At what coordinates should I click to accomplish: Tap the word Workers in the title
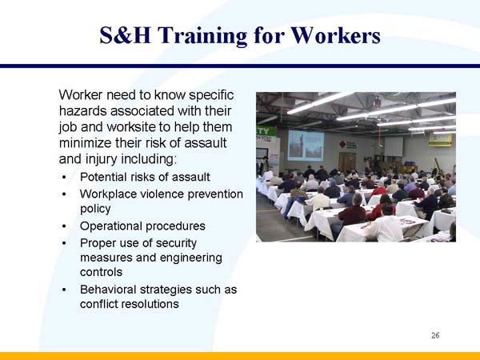(x=335, y=35)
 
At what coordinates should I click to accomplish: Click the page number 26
(x=435, y=334)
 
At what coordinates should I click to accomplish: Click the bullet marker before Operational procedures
(x=63, y=226)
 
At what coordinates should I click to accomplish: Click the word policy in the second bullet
(x=95, y=208)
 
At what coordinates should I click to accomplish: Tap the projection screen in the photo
(x=305, y=145)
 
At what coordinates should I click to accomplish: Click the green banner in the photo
(x=266, y=131)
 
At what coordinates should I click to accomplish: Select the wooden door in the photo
(x=347, y=161)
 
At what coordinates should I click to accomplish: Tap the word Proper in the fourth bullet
(x=98, y=242)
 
